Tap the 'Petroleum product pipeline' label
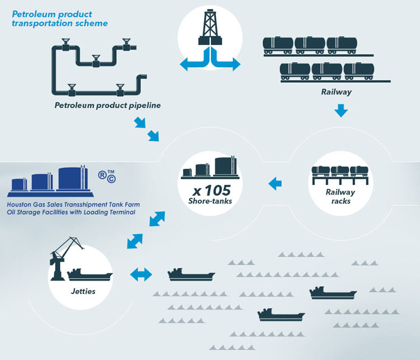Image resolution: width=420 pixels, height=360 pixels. pyautogui.click(x=108, y=105)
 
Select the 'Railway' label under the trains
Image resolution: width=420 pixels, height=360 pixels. pyautogui.click(x=336, y=92)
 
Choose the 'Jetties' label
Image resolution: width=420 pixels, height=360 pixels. pyautogui.click(x=83, y=291)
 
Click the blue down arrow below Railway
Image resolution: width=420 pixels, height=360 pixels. pyautogui.click(x=341, y=112)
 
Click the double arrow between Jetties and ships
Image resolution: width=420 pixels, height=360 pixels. pyautogui.click(x=141, y=274)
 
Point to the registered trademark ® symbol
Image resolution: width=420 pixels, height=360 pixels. pyautogui.click(x=103, y=174)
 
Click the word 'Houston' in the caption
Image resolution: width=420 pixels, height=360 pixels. pyautogui.click(x=21, y=204)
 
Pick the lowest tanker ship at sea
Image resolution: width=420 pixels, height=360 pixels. pyautogui.click(x=281, y=315)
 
